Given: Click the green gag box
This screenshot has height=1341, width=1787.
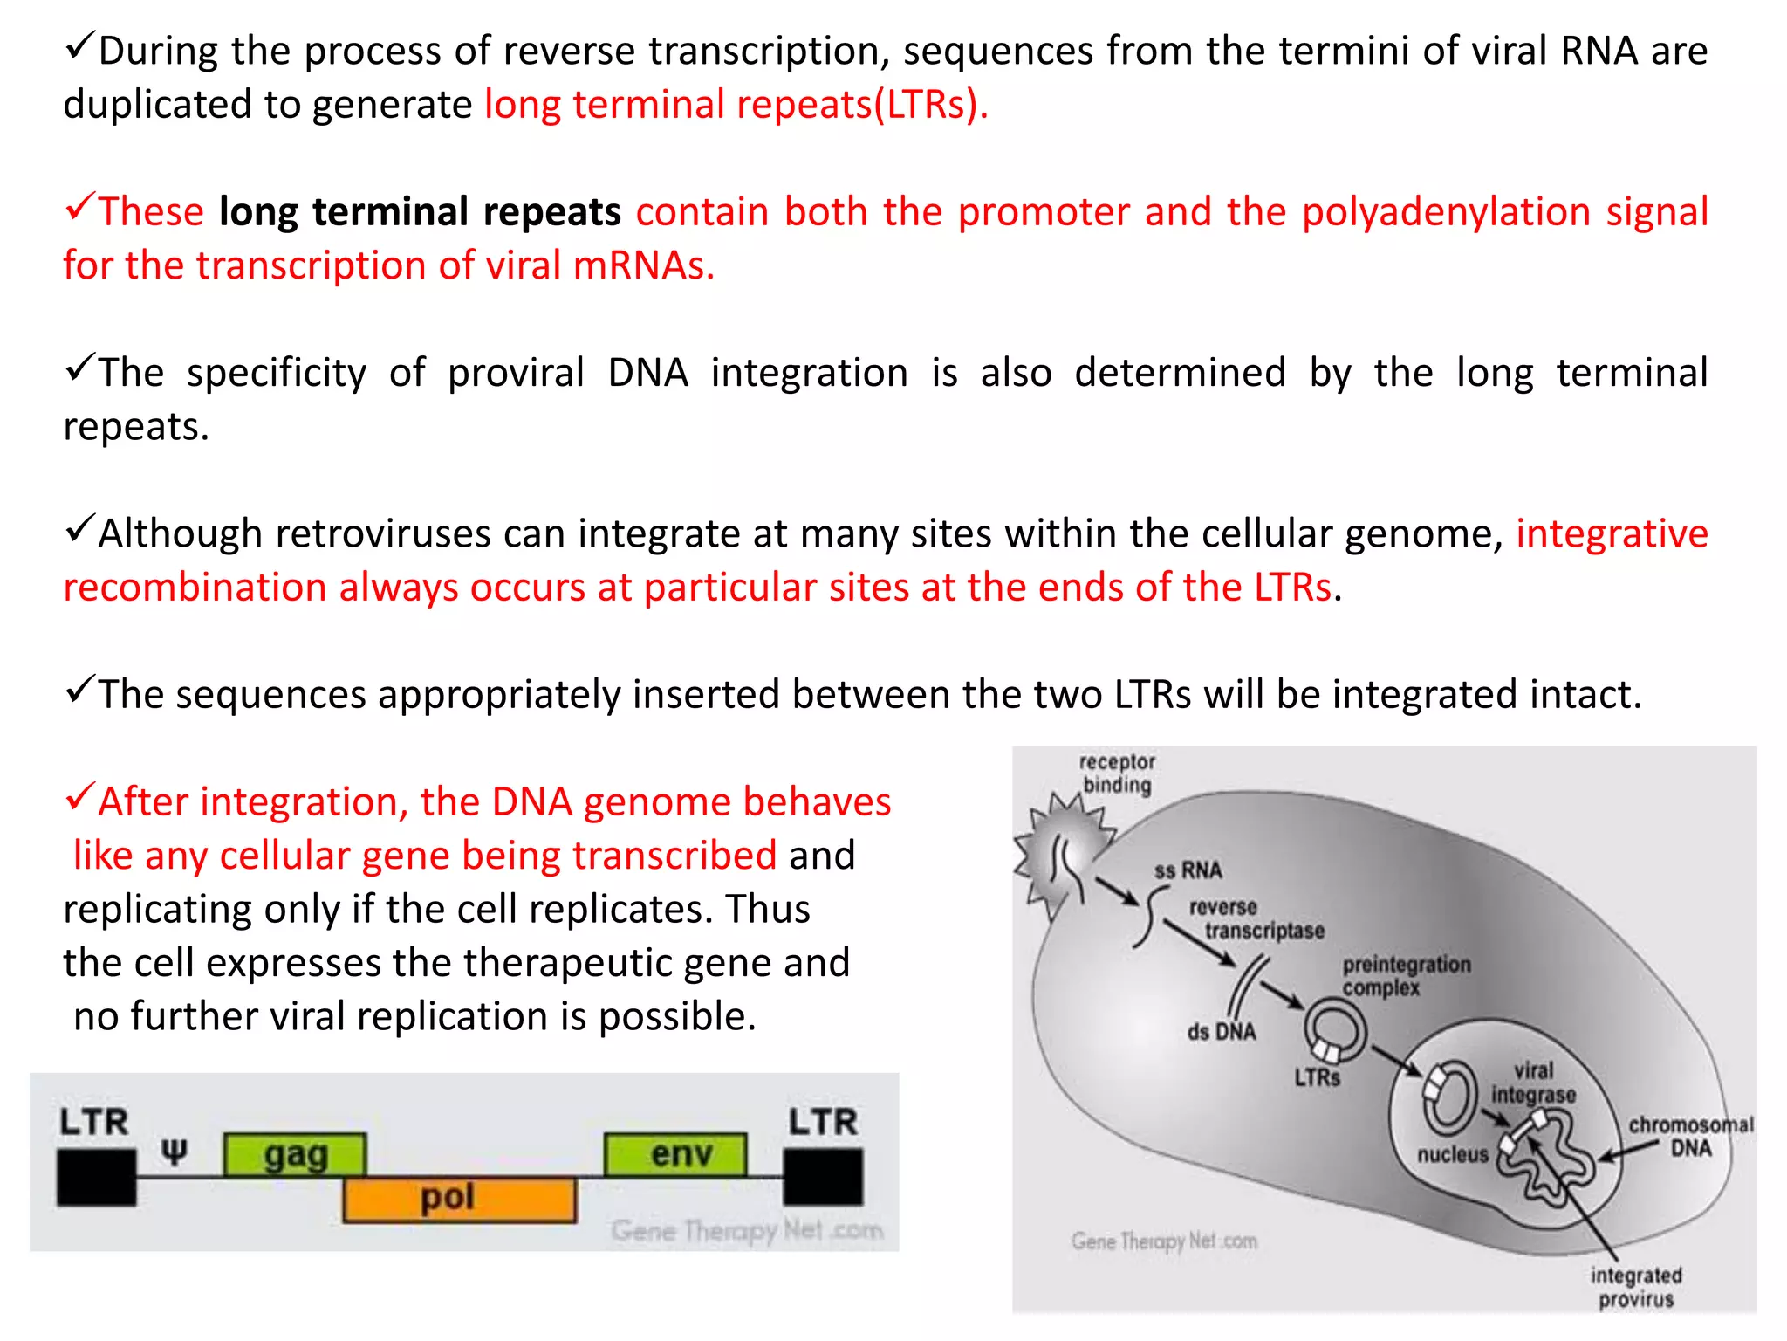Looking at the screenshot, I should tap(295, 1154).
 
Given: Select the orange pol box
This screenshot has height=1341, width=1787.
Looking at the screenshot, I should tap(459, 1199).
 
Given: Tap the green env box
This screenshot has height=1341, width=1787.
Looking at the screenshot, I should tap(675, 1154).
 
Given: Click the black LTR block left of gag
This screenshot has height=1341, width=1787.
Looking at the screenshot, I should tap(96, 1177).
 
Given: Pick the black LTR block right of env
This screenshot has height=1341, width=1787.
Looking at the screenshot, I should tap(823, 1177).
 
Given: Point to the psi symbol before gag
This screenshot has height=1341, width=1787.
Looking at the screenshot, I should tap(175, 1152).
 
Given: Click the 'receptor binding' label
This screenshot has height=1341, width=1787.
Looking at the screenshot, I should tap(1117, 773).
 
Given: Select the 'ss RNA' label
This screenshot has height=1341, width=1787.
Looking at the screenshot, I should tap(1188, 870).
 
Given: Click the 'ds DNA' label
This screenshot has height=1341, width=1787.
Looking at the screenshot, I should tap(1221, 1032).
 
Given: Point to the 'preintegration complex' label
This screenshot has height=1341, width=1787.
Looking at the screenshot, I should tap(1406, 976).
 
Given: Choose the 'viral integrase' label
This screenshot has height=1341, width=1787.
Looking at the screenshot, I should tap(1533, 1083).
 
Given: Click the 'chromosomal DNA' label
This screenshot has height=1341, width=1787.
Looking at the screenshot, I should tap(1690, 1136).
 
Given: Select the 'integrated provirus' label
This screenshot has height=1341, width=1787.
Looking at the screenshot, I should tap(1635, 1287).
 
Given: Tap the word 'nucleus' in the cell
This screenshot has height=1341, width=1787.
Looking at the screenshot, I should tap(1452, 1154).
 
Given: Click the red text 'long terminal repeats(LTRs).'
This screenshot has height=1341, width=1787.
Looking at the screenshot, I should tap(736, 105).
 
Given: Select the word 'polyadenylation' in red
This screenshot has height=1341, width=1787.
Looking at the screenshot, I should tap(1446, 212).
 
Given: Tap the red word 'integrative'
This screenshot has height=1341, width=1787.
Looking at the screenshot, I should tap(1611, 533).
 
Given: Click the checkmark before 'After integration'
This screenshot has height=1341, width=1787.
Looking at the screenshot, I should tap(79, 796).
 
